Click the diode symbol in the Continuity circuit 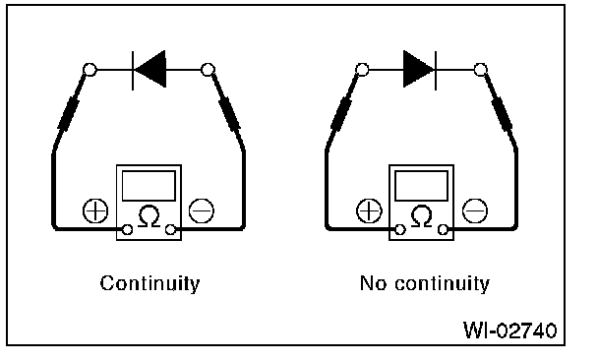149,70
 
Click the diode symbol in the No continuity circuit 420,70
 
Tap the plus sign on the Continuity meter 95,210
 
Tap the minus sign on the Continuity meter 202,210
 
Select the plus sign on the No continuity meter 369,210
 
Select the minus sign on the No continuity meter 474,210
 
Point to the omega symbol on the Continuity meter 149,216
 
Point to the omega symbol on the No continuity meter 421,216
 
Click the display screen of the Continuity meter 149,186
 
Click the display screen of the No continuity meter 421,186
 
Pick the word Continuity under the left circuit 149,283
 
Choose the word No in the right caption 374,283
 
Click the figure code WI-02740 509,330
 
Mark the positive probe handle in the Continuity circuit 69,113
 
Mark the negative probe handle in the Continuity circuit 229,113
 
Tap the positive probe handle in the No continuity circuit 341,113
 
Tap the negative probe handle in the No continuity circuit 502,113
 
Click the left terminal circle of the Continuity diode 90,70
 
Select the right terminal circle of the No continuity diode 481,70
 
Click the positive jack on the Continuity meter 128,229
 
